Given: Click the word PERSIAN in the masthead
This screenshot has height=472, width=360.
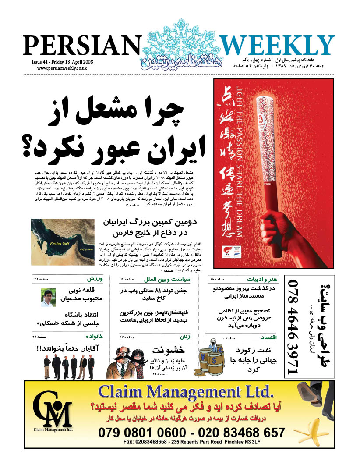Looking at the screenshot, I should (x=80, y=46).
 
